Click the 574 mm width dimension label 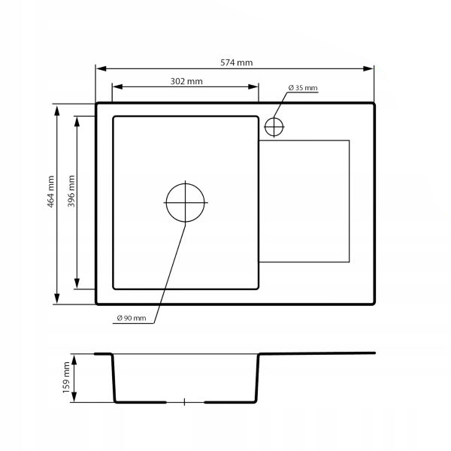click(237, 62)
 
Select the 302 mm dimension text click(186, 81)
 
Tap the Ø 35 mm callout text click(303, 88)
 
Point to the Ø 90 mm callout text click(132, 318)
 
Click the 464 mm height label click(50, 192)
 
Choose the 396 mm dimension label click(71, 191)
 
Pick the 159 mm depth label click(66, 377)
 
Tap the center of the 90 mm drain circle click(185, 203)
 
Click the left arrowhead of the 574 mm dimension click(101, 68)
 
